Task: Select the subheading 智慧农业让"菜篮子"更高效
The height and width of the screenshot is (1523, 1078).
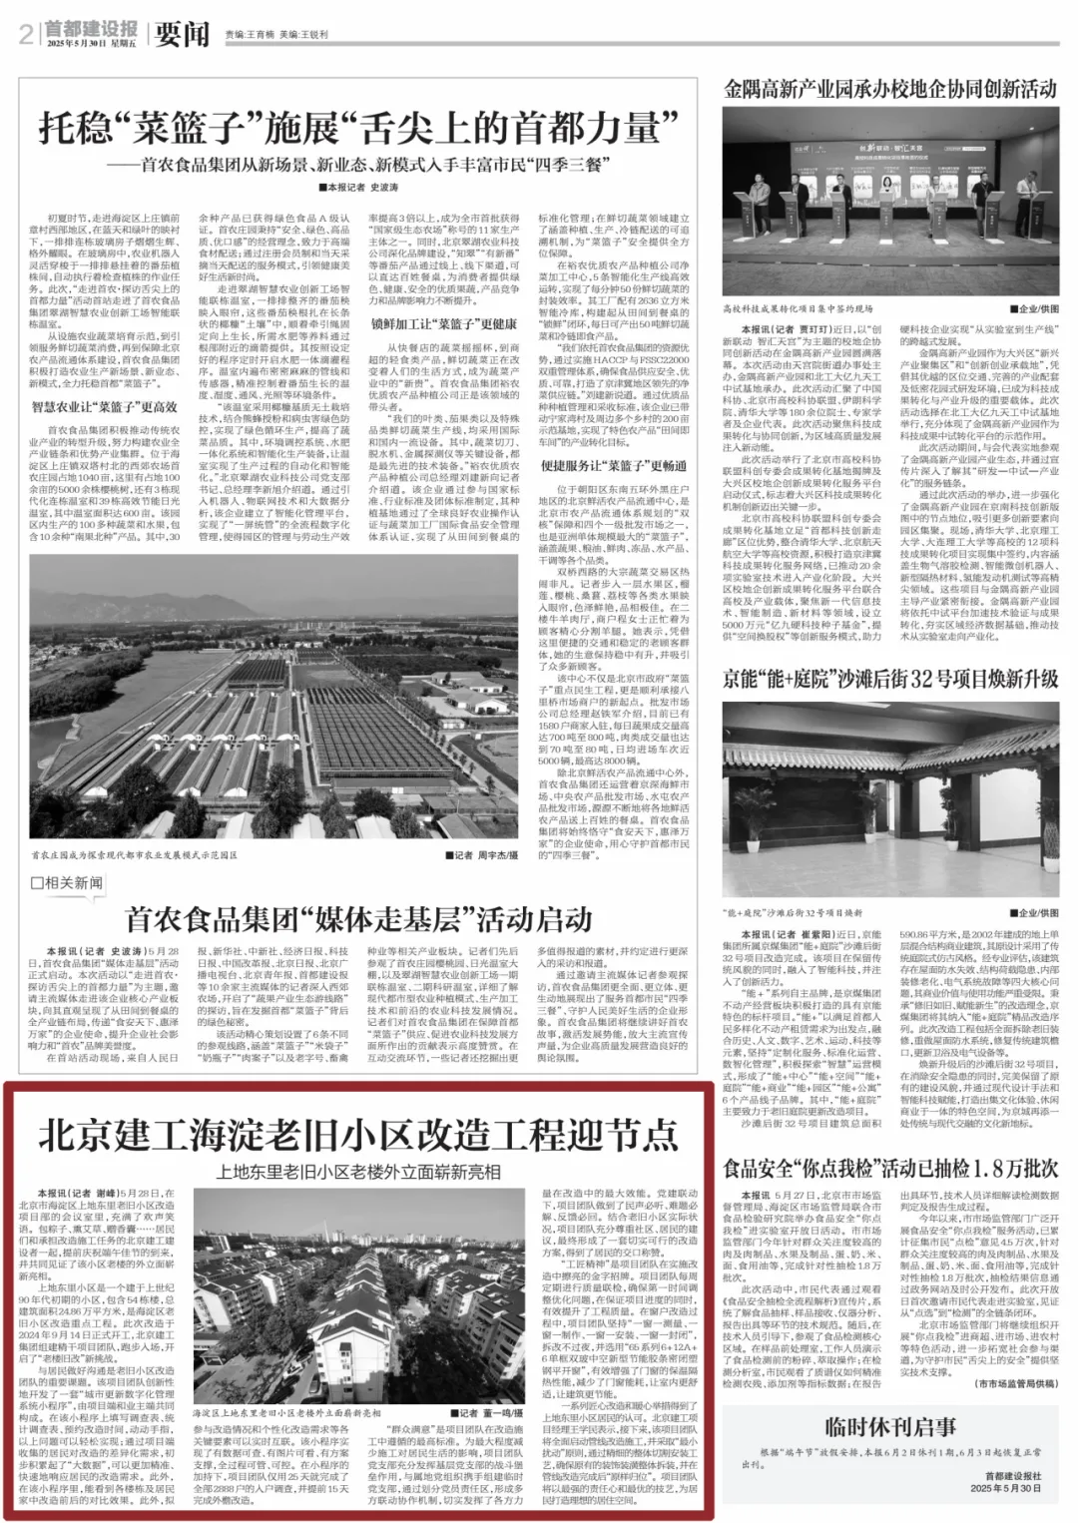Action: click(104, 406)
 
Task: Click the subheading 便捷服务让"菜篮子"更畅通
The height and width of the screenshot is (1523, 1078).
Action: click(614, 465)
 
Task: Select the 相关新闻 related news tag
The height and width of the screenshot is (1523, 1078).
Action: click(67, 882)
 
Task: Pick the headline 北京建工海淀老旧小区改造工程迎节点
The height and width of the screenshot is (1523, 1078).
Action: click(358, 1135)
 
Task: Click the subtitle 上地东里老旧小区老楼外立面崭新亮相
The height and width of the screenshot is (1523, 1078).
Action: click(358, 1171)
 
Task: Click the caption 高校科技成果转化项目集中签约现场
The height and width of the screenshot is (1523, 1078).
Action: click(798, 309)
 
